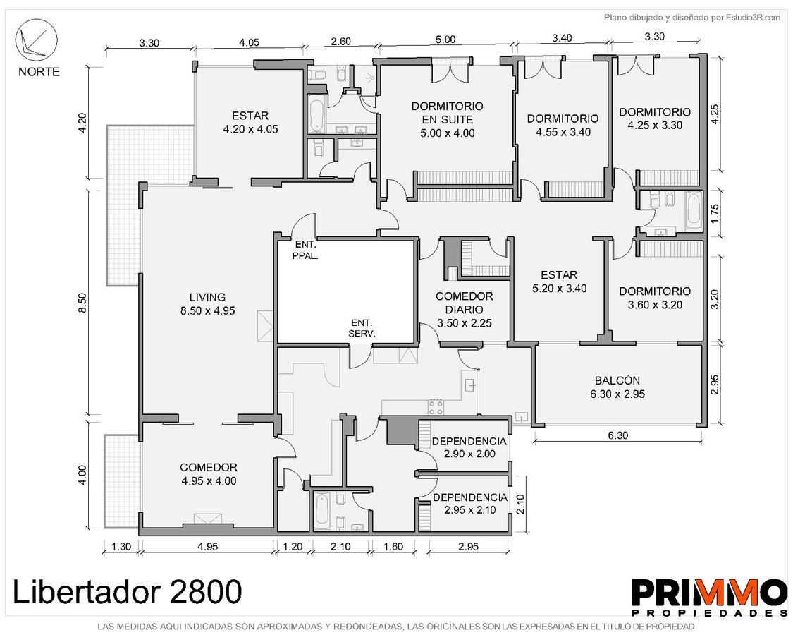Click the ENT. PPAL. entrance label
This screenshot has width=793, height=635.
point(305,251)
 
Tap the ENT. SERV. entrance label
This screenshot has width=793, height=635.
point(362,328)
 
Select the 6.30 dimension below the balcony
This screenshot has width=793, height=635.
point(617,435)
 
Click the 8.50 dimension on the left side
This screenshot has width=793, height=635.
point(83,303)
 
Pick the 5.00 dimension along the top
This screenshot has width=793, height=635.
point(445,40)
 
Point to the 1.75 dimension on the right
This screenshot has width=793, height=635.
point(714,214)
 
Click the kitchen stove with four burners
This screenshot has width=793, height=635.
point(436,406)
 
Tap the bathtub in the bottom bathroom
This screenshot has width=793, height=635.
point(322,510)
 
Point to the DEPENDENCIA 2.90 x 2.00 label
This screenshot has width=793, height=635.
point(469,447)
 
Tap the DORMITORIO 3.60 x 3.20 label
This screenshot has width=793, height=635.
point(655,298)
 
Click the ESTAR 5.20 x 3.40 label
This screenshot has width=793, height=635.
point(559,282)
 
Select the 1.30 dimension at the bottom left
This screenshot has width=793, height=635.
point(121,546)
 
